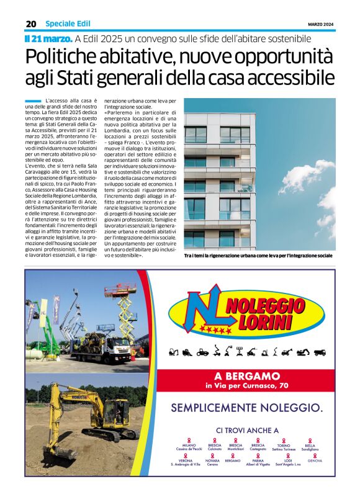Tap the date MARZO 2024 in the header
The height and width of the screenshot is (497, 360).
point(321,24)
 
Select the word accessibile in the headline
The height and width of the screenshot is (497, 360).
point(291,79)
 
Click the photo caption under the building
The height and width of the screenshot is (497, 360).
point(258,256)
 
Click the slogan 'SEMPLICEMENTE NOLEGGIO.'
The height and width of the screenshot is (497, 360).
point(246,408)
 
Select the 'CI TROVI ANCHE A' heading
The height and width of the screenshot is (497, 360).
point(247,430)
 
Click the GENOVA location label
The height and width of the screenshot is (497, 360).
point(315,461)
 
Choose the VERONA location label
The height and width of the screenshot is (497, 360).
point(186,461)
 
